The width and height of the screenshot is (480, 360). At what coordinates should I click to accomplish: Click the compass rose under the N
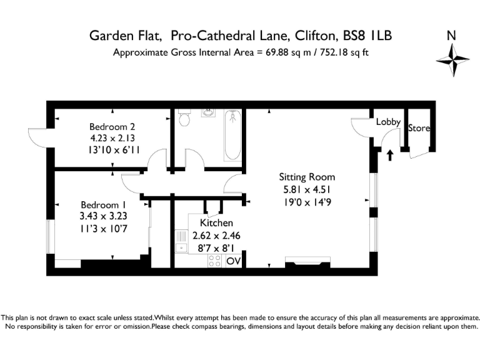[452, 61]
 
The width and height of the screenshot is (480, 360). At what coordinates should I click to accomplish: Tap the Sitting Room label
[306, 177]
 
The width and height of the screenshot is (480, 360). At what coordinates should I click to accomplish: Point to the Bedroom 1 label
[103, 205]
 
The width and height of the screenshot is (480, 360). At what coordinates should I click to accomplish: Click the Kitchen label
[216, 223]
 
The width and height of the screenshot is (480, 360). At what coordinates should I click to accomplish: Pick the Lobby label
[387, 122]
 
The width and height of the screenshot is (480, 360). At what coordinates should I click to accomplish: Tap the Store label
[419, 128]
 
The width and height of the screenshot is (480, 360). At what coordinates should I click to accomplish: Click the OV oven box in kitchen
[233, 261]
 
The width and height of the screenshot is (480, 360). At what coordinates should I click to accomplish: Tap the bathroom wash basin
[207, 114]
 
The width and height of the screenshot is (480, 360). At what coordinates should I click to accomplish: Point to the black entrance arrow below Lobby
[390, 154]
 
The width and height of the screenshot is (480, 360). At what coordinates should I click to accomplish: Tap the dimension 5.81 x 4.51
[306, 190]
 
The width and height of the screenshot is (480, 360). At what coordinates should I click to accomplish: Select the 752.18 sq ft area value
[340, 52]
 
